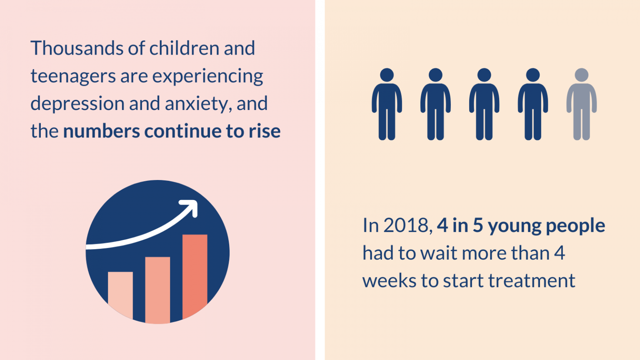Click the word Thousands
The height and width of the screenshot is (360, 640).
point(77,48)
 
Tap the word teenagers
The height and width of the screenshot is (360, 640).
point(73,77)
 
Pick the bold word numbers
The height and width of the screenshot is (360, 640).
point(101,131)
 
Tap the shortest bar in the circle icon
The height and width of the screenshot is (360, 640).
point(120,295)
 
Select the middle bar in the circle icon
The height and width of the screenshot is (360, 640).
point(157,290)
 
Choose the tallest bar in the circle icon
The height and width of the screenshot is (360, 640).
point(195,276)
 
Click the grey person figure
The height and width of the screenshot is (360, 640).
point(581,104)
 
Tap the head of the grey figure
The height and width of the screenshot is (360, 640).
point(581,75)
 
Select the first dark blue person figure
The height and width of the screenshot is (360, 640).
point(387,104)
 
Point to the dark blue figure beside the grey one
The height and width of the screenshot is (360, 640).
point(533,104)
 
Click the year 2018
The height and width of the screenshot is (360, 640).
point(406,226)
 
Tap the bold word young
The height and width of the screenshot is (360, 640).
point(514,227)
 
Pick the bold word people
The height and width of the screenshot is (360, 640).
point(575,226)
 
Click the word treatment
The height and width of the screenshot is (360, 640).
point(532,281)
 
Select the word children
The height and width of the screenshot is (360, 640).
point(184,48)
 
